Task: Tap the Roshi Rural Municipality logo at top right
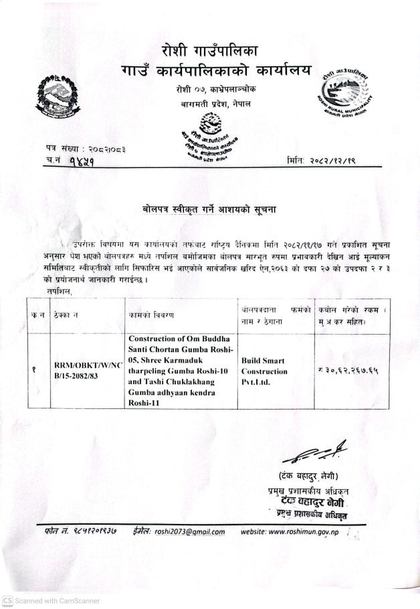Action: point(346,94)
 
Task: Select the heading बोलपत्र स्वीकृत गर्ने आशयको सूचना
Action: point(210,209)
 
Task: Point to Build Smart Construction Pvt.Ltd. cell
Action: point(266,370)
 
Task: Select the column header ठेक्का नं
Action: point(68,314)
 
